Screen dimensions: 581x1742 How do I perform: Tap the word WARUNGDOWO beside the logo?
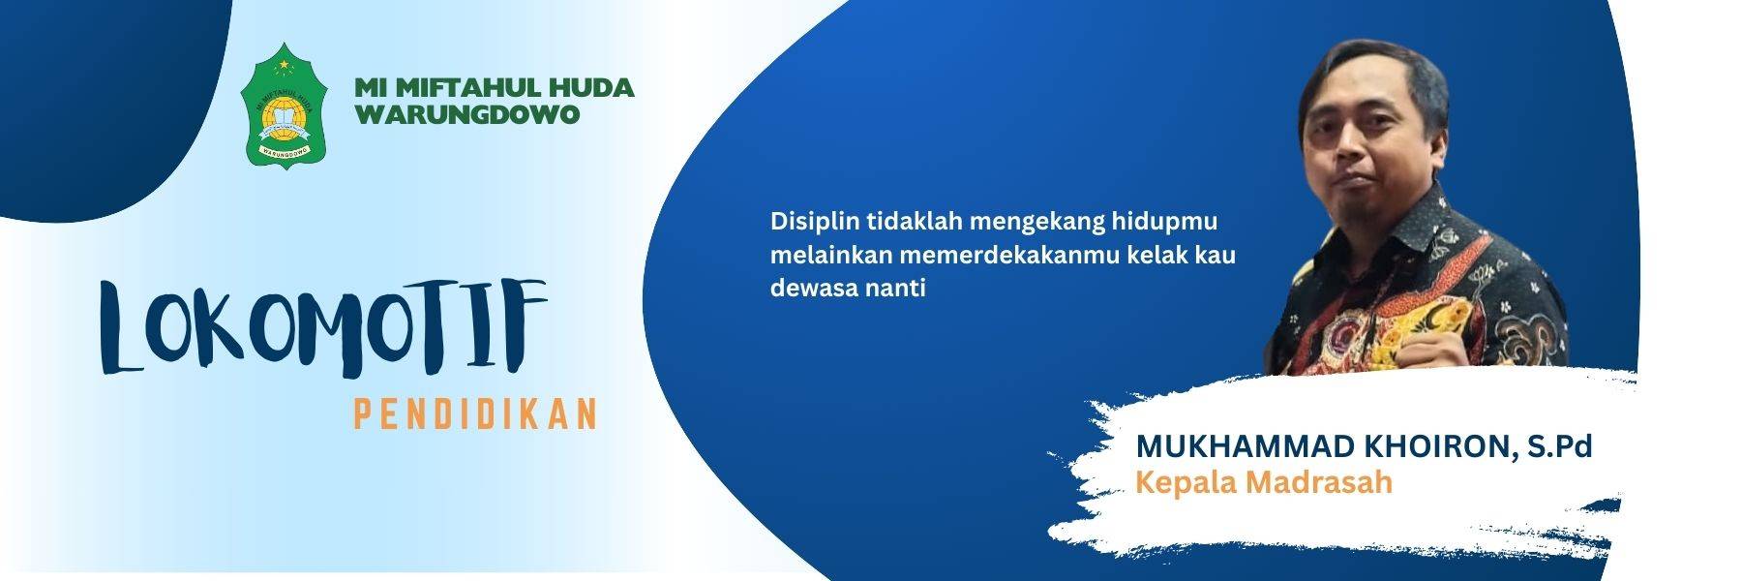467,114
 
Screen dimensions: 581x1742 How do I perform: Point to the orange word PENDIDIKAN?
474,415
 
